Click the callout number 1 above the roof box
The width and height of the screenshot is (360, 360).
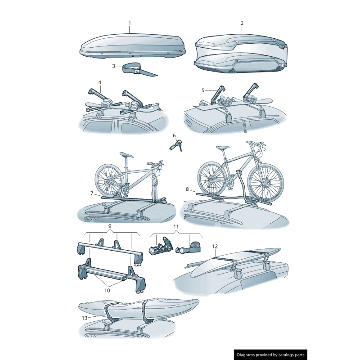130,23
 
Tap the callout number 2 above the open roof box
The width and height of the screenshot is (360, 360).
242,23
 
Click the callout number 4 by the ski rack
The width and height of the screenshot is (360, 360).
99,82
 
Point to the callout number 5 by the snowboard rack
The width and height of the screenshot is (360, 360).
203,90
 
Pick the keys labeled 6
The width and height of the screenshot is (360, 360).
176,145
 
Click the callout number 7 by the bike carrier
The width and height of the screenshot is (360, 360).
92,193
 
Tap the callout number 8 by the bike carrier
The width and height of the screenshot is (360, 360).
187,189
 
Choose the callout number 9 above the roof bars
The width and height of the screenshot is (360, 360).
110,226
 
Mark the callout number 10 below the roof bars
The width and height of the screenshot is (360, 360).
107,290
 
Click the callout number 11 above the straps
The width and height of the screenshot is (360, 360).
176,227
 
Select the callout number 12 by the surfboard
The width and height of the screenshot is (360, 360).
215,246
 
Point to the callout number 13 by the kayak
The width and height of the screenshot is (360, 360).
85,318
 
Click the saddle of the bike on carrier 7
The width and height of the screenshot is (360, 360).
126,155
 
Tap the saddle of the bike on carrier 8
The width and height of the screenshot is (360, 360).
223,147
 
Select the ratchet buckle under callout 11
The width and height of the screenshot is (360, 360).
161,246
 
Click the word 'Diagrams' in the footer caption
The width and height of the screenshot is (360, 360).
246,355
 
